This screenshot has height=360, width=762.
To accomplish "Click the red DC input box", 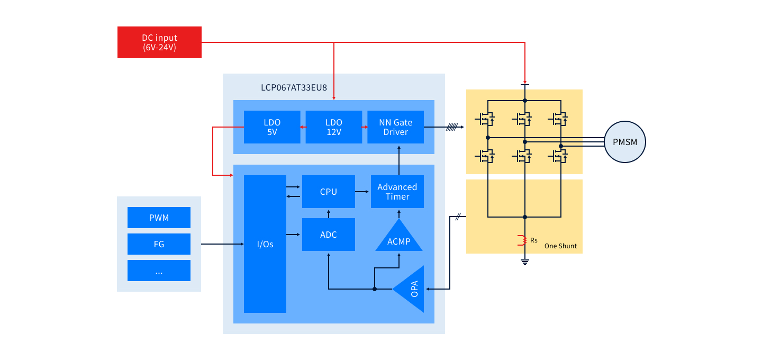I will [x=159, y=42].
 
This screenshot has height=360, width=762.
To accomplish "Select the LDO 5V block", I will [x=272, y=127].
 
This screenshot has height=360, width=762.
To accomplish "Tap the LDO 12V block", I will [x=334, y=127].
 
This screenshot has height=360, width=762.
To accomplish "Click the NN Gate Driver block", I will [x=396, y=127].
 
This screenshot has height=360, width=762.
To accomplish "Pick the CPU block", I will [x=329, y=192].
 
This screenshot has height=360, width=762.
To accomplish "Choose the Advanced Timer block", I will [x=397, y=192].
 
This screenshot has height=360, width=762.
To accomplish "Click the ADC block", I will [x=329, y=235].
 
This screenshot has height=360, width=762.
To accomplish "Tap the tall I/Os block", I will [x=265, y=244].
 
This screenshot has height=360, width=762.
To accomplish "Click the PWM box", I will [x=159, y=218].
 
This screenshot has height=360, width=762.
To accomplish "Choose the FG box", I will [x=159, y=244].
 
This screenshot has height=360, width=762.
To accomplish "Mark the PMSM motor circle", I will [x=625, y=142].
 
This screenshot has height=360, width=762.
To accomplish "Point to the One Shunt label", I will [x=560, y=246].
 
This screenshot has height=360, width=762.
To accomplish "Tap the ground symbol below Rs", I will [x=525, y=262].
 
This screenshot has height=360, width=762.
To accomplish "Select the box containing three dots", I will [x=159, y=271].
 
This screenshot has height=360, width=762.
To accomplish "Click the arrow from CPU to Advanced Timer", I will [x=362, y=192].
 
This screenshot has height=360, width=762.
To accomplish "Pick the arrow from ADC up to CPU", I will [x=329, y=213].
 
